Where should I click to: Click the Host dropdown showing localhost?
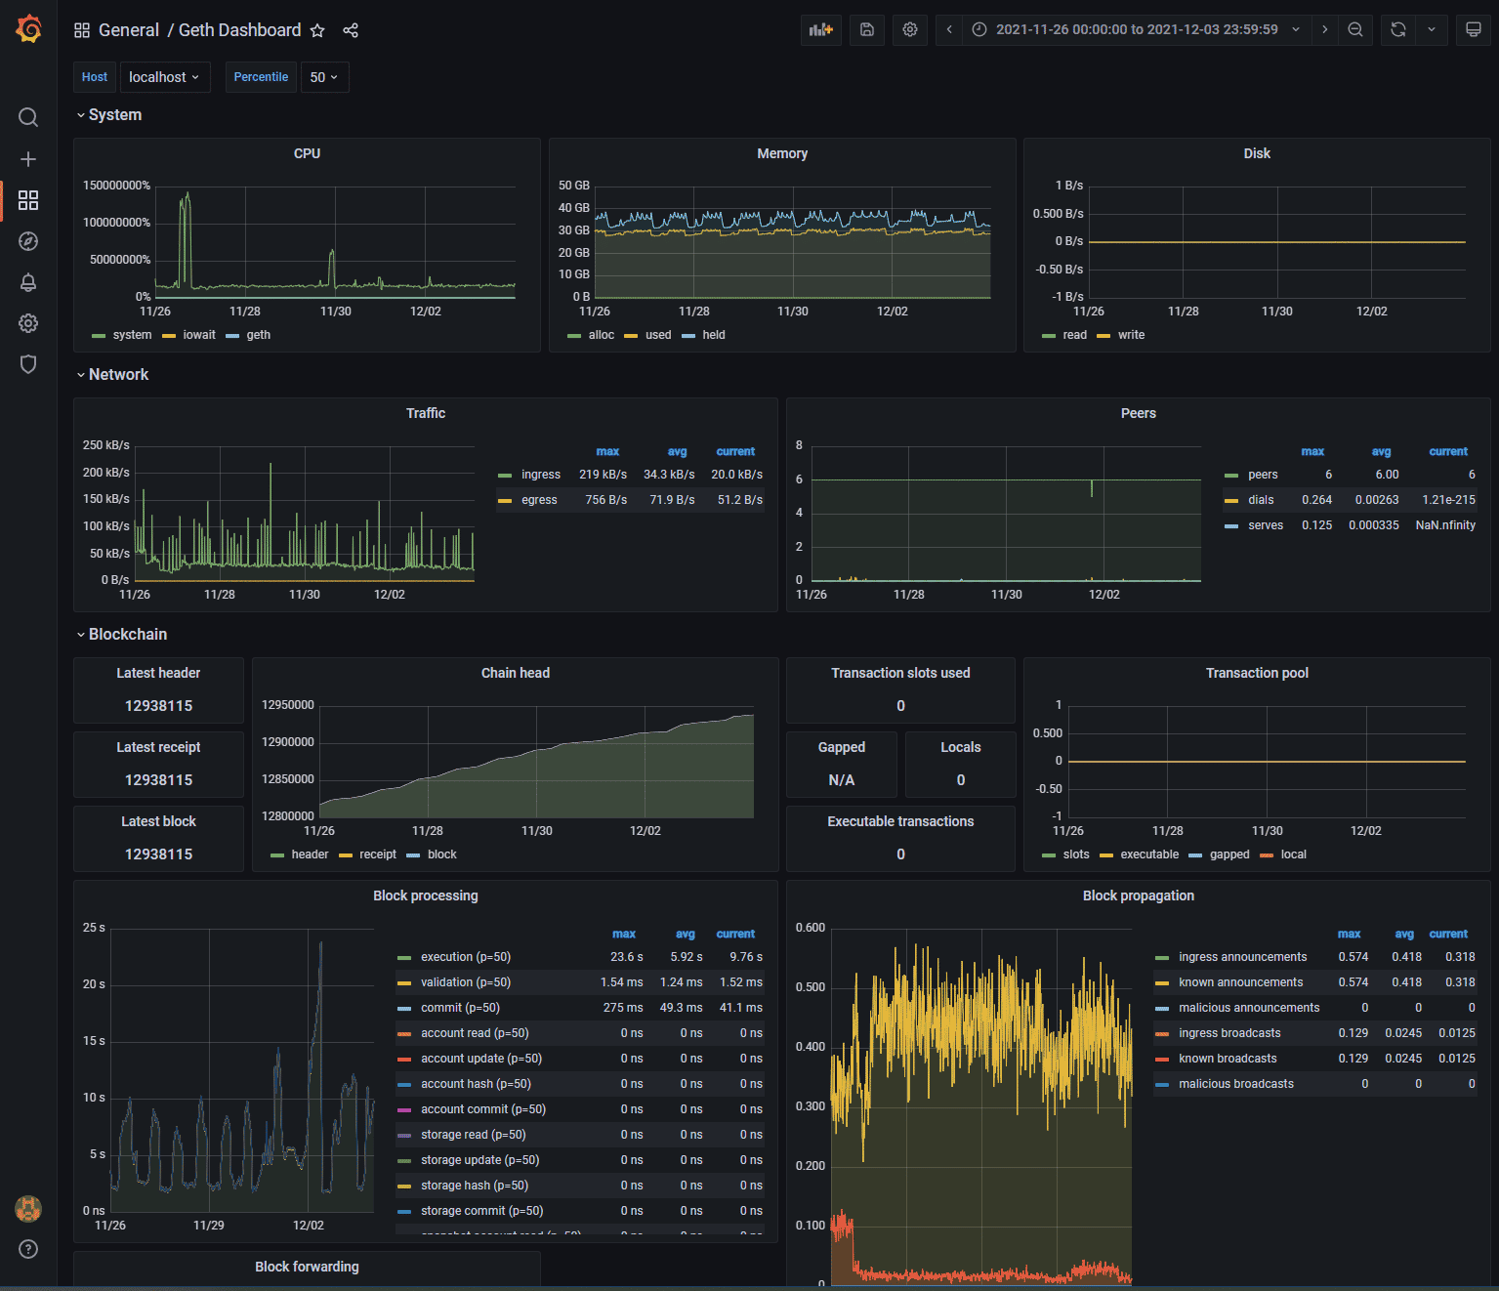coord(164,77)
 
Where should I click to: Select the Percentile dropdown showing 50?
coord(323,77)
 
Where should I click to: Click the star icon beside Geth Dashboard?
coord(317,30)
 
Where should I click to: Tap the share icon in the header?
coord(351,30)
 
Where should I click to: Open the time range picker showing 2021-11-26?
coord(1136,29)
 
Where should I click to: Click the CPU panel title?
coord(307,153)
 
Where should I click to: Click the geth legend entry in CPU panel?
coord(258,335)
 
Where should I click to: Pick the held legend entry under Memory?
coord(713,335)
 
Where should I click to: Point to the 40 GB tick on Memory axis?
coord(573,208)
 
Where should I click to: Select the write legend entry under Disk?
coord(1131,335)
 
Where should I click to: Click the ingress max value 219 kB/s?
coord(603,475)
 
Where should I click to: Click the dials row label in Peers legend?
coord(1261,500)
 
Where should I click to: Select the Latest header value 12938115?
coord(158,706)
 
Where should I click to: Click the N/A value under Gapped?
coord(841,780)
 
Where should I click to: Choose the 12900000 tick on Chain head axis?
coord(287,742)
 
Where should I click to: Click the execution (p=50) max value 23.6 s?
coord(626,957)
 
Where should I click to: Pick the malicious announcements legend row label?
coord(1248,1008)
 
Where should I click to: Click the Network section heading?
coord(118,375)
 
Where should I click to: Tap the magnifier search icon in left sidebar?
coord(28,117)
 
